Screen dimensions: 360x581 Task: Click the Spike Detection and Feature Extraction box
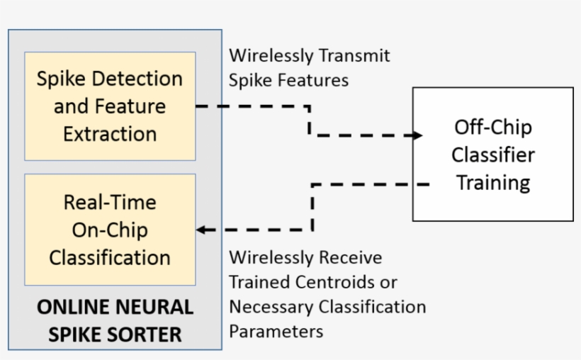(110, 106)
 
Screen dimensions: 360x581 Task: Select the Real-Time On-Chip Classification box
(110, 230)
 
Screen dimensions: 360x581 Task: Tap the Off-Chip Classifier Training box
(493, 154)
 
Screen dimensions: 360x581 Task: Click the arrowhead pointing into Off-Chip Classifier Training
(417, 135)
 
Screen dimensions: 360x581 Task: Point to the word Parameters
(276, 332)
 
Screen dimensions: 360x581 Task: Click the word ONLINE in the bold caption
(67, 307)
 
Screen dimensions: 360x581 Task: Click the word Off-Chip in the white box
(493, 128)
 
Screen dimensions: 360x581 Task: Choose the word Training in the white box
(493, 182)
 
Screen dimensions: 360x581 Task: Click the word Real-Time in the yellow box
(110, 203)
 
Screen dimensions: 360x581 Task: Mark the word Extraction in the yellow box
(110, 134)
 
